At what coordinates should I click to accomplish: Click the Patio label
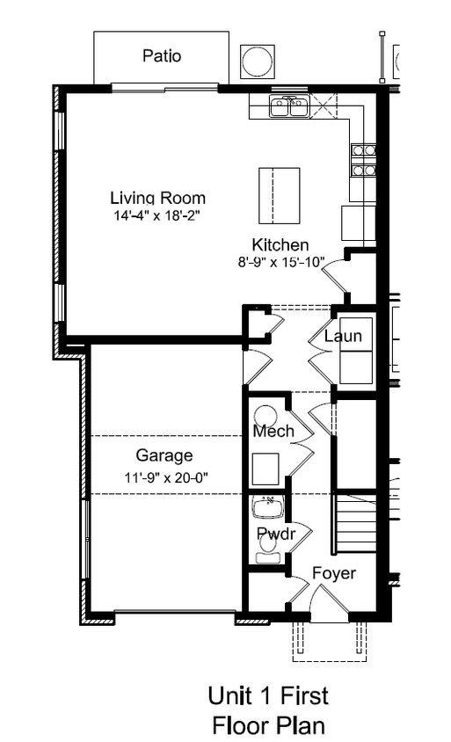click(162, 56)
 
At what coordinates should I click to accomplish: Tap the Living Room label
click(158, 198)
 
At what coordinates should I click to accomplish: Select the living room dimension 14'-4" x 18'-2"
click(157, 215)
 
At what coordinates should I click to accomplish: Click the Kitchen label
click(280, 244)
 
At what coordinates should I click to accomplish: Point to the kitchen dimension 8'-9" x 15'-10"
click(281, 262)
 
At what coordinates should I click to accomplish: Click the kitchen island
click(280, 195)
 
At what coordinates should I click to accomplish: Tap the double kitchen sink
click(289, 105)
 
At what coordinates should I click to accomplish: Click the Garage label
click(164, 455)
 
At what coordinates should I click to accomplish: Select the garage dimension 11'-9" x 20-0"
click(166, 478)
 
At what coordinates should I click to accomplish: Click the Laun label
click(343, 336)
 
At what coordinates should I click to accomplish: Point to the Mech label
click(273, 431)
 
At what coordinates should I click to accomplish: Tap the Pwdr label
click(276, 534)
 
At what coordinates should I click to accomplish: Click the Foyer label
click(334, 573)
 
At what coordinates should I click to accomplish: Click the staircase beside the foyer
click(356, 523)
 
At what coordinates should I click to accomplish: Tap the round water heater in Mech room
click(266, 417)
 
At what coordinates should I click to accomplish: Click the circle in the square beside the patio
click(258, 62)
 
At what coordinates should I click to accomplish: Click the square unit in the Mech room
click(266, 469)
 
